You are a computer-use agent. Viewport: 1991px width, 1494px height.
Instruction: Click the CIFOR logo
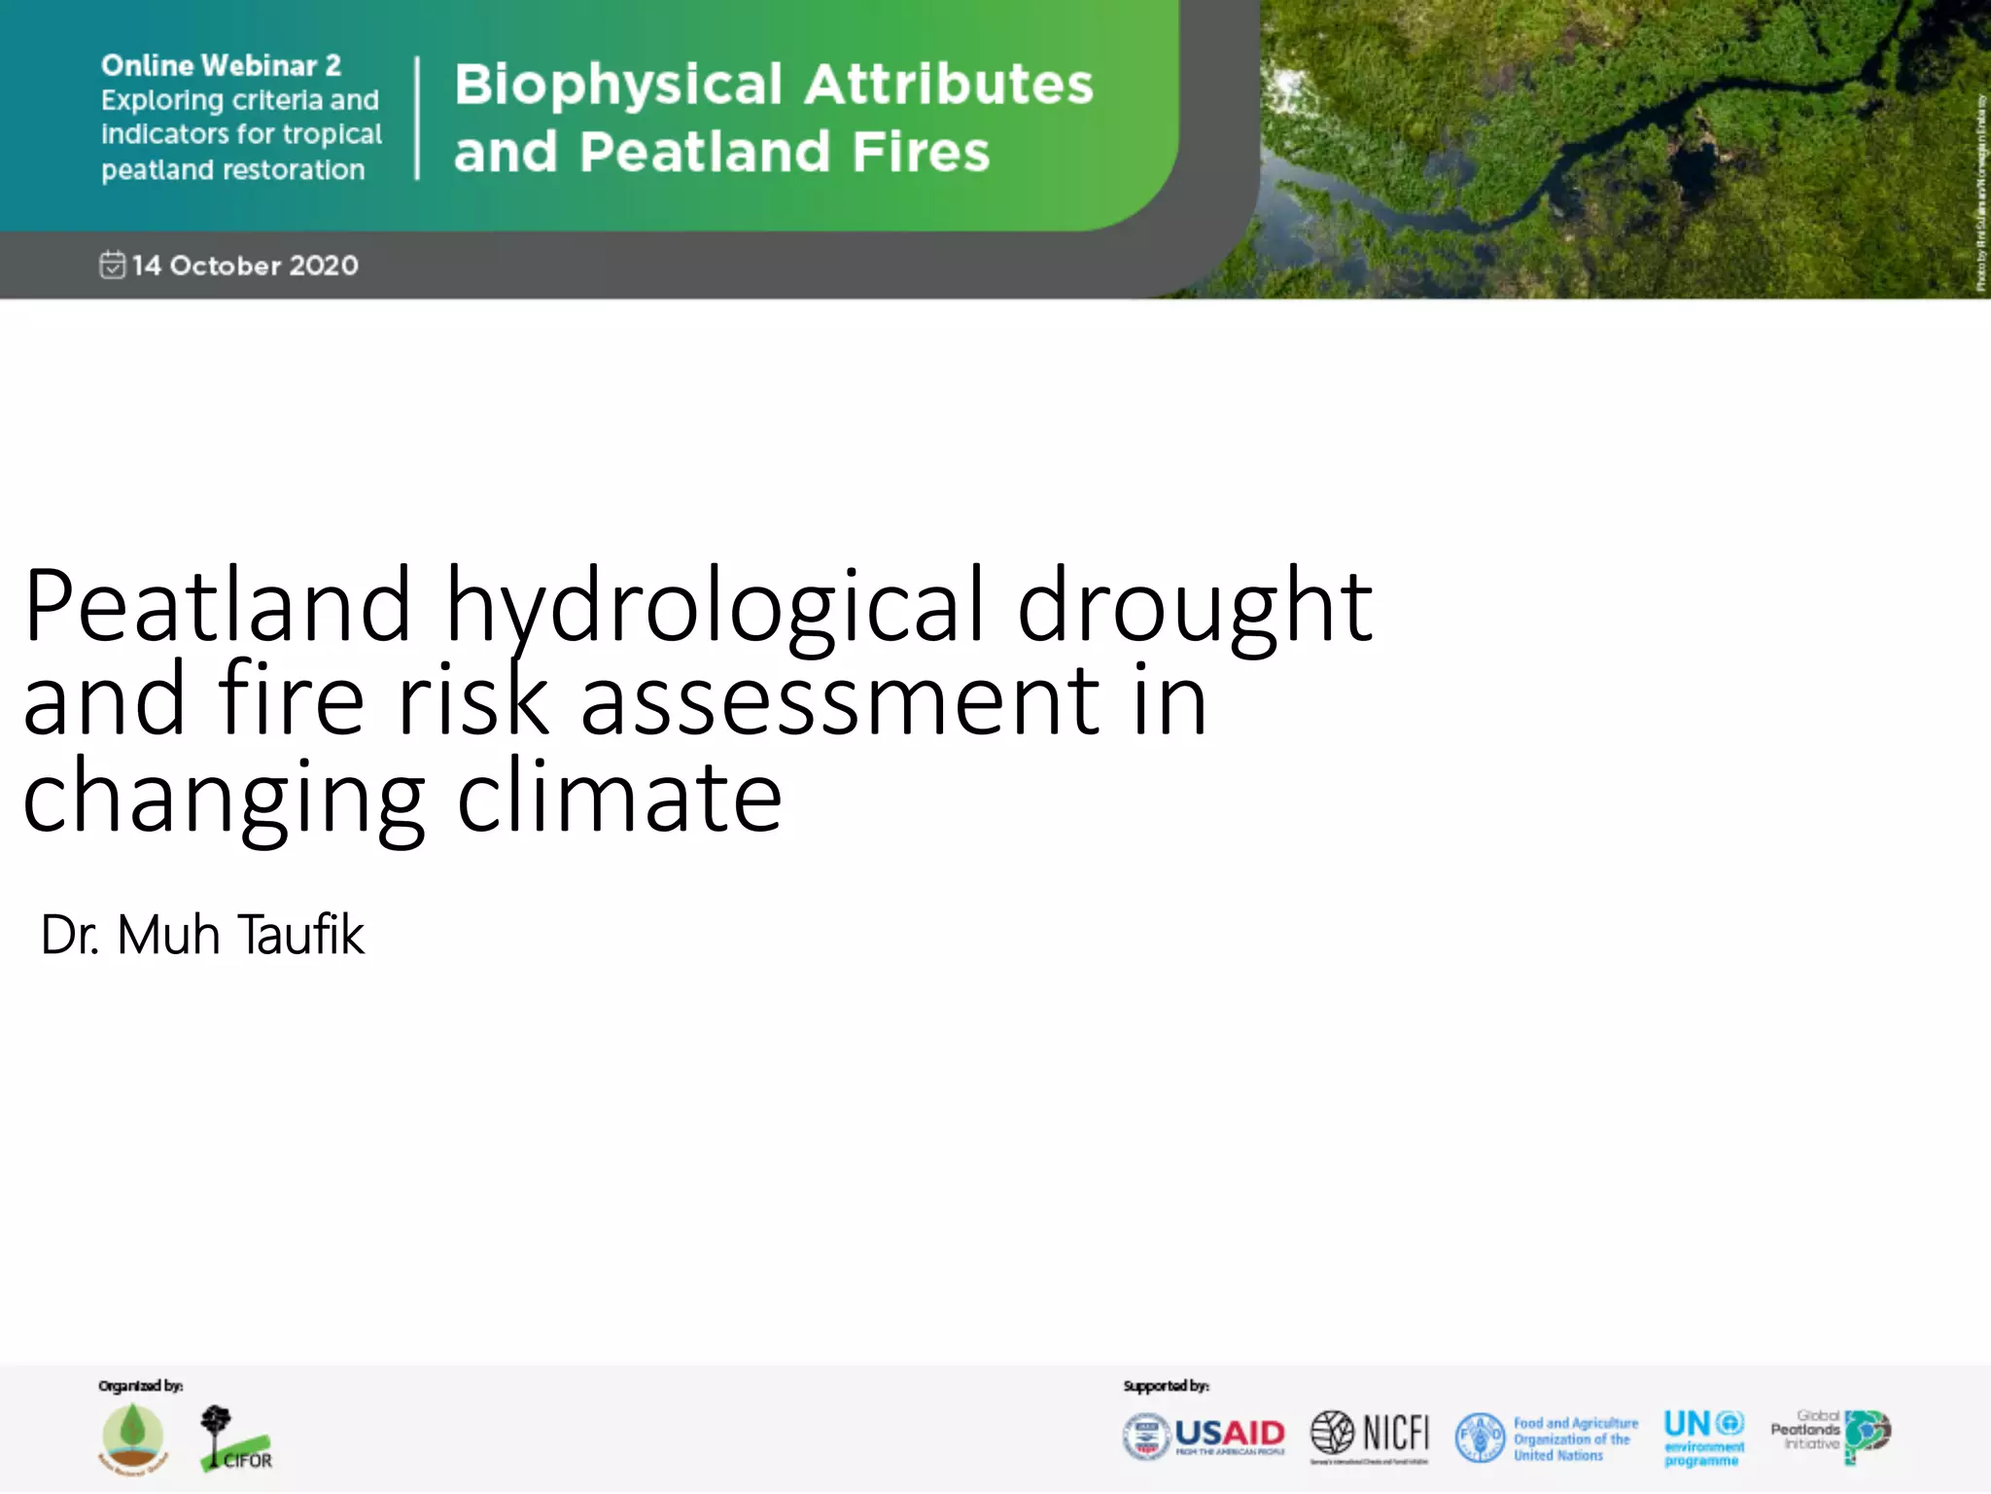[x=235, y=1440]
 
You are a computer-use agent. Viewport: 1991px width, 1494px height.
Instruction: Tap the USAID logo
[x=1205, y=1436]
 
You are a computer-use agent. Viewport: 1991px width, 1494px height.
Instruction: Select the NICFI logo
[x=1370, y=1435]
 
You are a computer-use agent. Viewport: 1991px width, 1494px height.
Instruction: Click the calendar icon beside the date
[x=113, y=265]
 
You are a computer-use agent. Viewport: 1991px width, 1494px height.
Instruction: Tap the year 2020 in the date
[x=323, y=266]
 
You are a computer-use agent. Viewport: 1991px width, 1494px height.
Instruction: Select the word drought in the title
[x=1195, y=607]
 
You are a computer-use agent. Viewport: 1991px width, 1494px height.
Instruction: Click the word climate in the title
[x=619, y=797]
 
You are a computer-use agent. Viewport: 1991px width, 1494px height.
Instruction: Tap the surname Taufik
[x=301, y=935]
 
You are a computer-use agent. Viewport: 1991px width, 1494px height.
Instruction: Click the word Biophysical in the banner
[x=618, y=86]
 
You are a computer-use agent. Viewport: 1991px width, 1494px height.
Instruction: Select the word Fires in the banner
[x=920, y=153]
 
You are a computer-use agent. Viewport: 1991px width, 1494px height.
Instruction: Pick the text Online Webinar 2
[x=221, y=65]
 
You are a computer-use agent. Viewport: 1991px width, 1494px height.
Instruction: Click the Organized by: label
[x=140, y=1385]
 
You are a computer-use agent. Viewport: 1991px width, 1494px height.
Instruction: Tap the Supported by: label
[x=1166, y=1385]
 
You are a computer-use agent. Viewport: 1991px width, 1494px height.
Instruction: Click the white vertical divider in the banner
[x=417, y=118]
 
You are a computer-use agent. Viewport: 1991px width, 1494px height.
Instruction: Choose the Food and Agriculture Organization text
[x=1575, y=1439]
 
